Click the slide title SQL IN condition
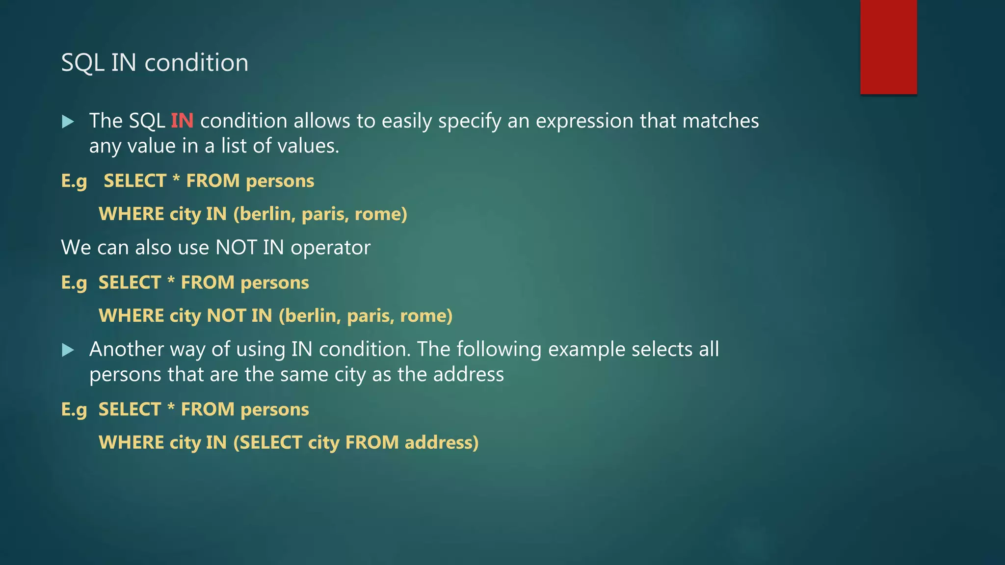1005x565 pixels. click(x=155, y=63)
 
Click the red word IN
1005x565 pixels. click(x=182, y=121)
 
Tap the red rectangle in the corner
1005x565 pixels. click(x=888, y=47)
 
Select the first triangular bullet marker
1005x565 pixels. click(x=68, y=122)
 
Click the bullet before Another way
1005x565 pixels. click(x=68, y=350)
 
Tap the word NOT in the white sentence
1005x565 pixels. click(x=237, y=247)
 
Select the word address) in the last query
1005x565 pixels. click(x=441, y=442)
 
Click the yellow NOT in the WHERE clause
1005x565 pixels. click(x=226, y=315)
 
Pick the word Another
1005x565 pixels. click(x=126, y=349)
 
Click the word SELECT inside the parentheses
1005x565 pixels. click(x=270, y=442)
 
